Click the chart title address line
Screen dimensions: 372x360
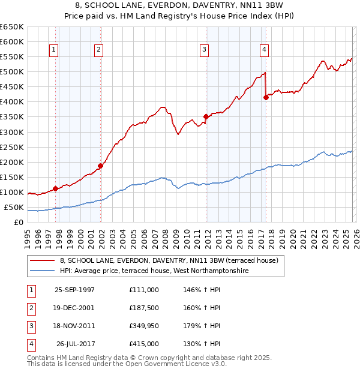(x=180, y=5)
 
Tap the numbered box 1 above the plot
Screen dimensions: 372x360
(x=55, y=49)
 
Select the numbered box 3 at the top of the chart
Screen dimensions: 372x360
(x=205, y=49)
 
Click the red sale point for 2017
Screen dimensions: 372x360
(x=266, y=97)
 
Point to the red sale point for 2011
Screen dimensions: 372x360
(x=206, y=116)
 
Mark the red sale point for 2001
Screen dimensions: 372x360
(x=100, y=166)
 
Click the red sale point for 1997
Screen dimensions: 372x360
(x=56, y=188)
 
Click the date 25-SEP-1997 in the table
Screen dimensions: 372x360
(x=74, y=289)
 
